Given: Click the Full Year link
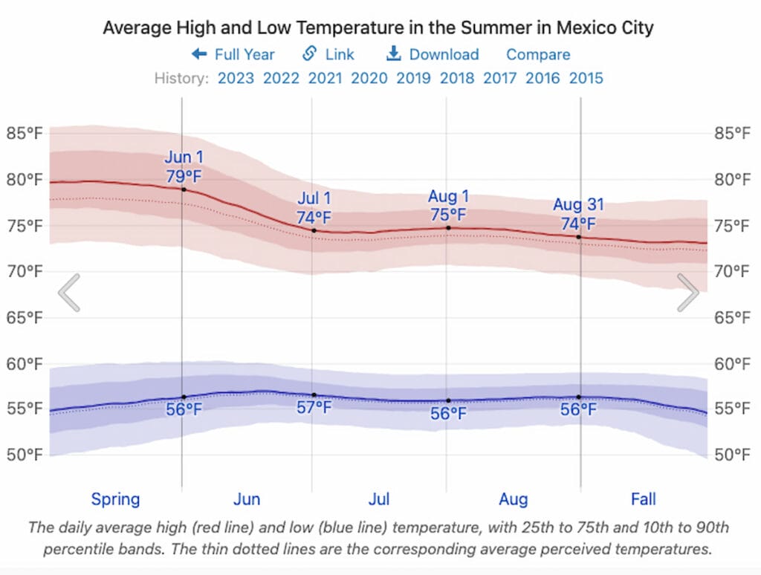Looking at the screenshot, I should coord(233,54).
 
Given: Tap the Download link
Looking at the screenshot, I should coord(433,54).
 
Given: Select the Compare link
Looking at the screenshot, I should coord(538,54).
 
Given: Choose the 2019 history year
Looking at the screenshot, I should coord(413,78).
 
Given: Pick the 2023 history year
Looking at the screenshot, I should coord(236,78).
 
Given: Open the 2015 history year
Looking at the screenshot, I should coord(586,78).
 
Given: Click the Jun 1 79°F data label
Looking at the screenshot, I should coord(184,167).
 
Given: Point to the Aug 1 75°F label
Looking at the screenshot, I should coord(448,206).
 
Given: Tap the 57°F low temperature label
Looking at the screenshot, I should coord(314,408).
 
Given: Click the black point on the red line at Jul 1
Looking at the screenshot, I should coord(314,230).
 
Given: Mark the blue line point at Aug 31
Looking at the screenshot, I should coord(579,397).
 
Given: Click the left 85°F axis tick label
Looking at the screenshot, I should coord(25,134).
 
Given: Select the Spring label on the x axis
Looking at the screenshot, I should coord(115,498).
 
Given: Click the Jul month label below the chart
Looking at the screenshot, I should coord(379,498).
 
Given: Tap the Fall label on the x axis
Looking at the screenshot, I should coord(644,498).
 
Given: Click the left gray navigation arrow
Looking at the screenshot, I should coord(69,293).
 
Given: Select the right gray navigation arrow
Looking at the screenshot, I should coord(688,293).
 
